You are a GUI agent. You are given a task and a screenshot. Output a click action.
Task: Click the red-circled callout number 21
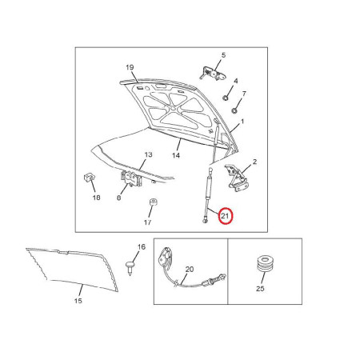click(x=225, y=216)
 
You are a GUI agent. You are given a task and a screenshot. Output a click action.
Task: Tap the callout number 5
click(x=223, y=55)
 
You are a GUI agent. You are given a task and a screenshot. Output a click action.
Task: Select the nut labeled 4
click(x=226, y=98)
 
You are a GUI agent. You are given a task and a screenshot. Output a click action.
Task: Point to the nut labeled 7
click(x=234, y=110)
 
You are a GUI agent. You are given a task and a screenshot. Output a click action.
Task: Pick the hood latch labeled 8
click(x=131, y=178)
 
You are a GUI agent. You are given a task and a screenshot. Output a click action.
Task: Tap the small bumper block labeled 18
click(x=90, y=177)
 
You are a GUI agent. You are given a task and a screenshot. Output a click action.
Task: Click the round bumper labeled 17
click(x=153, y=202)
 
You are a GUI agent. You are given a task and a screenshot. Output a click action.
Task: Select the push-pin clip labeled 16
click(x=130, y=268)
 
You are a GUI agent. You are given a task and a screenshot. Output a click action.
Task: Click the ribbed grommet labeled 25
click(x=265, y=264)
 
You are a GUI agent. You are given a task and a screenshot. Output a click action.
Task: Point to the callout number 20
click(x=190, y=270)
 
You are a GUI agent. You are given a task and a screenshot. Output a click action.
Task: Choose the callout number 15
click(x=78, y=301)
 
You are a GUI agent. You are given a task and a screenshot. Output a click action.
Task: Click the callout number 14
click(x=176, y=155)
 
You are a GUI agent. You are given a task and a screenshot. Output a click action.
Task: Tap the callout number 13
click(x=148, y=154)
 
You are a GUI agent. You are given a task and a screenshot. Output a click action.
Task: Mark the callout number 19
click(x=130, y=67)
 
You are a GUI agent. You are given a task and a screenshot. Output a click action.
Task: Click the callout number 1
click(x=242, y=122)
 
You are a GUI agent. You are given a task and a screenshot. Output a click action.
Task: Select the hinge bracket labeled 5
click(x=213, y=74)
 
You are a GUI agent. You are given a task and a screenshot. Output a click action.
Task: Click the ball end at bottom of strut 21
click(x=205, y=221)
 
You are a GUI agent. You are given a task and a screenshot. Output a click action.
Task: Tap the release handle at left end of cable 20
click(x=166, y=258)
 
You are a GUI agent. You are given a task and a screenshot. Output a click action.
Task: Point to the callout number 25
click(x=260, y=289)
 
